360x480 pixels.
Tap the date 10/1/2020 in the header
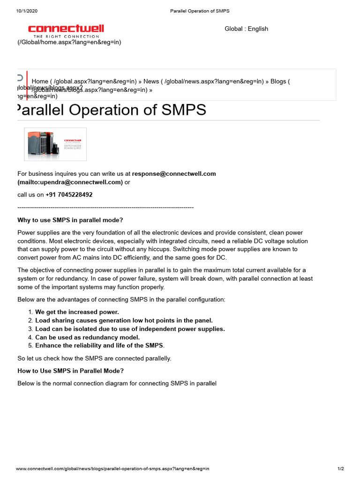pos(27,11)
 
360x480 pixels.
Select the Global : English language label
pos(246,29)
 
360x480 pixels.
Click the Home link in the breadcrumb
pos(40,81)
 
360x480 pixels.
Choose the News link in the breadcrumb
pos(151,81)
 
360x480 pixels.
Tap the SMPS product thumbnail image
pos(55,144)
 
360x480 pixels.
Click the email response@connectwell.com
pos(174,173)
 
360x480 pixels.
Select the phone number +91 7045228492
pos(69,195)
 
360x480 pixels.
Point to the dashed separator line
pos(105,207)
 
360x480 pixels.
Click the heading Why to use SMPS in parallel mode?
pos(70,220)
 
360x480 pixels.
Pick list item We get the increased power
pos(77,312)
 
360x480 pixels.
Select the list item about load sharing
pos(124,320)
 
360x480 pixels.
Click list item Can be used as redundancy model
pos(87,337)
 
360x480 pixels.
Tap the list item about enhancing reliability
pos(99,345)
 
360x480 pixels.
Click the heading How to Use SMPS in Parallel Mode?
pos(71,371)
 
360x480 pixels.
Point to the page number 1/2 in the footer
pos(341,468)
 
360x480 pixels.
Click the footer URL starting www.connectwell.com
pos(112,468)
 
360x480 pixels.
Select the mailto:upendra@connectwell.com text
pos(70,182)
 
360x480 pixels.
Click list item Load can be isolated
pos(130,329)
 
